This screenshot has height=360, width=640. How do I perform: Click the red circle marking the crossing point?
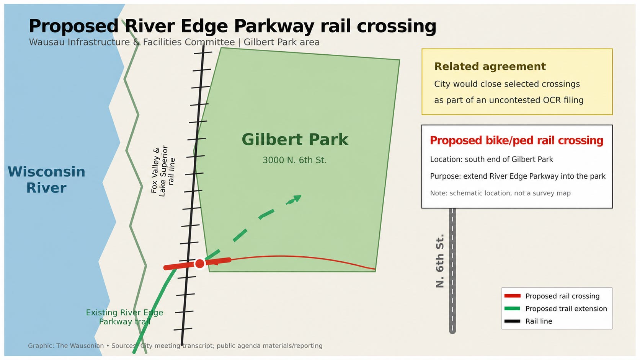pyautogui.click(x=200, y=264)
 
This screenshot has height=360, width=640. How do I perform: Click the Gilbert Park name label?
pyautogui.click(x=295, y=140)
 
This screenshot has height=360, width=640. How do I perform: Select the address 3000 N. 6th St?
pyautogui.click(x=295, y=160)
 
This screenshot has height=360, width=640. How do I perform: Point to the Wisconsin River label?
pyautogui.click(x=46, y=179)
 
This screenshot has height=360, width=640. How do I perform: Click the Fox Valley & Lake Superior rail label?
pyautogui.click(x=163, y=171)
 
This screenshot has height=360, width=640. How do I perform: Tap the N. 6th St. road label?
pyautogui.click(x=440, y=261)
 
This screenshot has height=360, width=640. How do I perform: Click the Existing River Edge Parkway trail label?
pyautogui.click(x=124, y=317)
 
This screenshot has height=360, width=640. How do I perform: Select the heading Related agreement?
pyautogui.click(x=490, y=67)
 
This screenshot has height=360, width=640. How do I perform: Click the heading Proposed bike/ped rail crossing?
pyautogui.click(x=517, y=140)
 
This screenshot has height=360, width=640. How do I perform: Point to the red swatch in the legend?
pyautogui.click(x=512, y=296)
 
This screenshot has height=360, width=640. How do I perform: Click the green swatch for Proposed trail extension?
pyautogui.click(x=512, y=309)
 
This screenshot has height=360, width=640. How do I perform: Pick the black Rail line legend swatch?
pyautogui.click(x=512, y=321)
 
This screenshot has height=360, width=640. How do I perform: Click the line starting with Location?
pyautogui.click(x=491, y=159)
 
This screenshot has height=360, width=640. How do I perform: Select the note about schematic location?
pyautogui.click(x=500, y=193)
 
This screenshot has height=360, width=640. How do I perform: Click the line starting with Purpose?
pyautogui.click(x=518, y=176)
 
